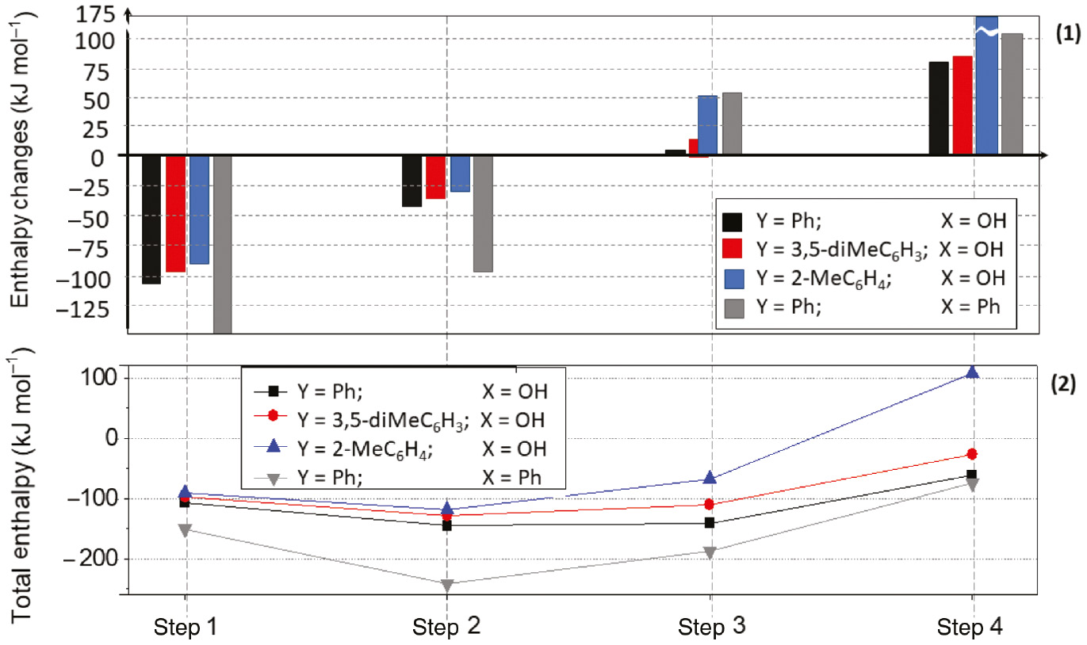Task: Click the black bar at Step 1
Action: click(151, 219)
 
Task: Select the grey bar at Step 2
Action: click(483, 214)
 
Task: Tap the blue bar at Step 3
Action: click(707, 125)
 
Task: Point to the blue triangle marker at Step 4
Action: click(972, 372)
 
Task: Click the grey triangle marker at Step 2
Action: click(447, 586)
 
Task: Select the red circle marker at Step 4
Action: click(972, 454)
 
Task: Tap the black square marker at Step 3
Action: click(710, 523)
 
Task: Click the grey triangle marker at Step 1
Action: click(185, 530)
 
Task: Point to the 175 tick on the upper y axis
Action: click(101, 13)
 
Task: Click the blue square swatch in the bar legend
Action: click(733, 277)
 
